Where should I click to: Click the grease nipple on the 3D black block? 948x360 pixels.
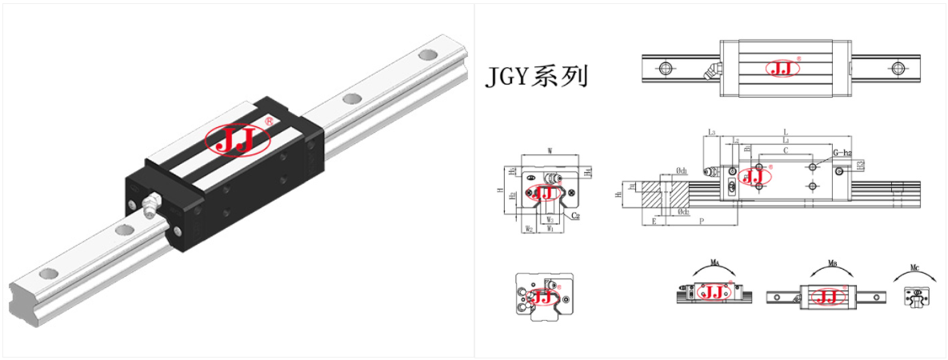click(x=150, y=206)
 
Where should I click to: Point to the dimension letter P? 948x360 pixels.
click(x=701, y=220)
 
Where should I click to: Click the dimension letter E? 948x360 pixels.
click(x=654, y=220)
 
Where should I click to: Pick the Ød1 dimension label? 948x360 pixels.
click(x=683, y=170)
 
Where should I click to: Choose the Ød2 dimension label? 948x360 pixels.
click(x=683, y=212)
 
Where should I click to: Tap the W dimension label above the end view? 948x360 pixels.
click(x=550, y=150)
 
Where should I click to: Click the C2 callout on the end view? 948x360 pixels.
click(x=574, y=216)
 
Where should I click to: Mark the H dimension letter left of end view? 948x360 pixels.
click(x=500, y=192)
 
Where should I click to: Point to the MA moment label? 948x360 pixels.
click(x=714, y=262)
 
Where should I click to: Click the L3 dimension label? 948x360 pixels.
click(x=711, y=132)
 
